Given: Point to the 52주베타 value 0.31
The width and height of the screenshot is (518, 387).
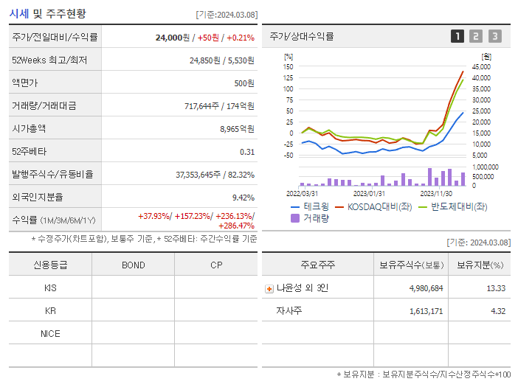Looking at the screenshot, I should [247, 152].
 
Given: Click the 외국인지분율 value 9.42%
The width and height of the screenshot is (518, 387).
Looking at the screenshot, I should [244, 198].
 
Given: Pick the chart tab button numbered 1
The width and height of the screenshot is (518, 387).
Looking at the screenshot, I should [457, 36].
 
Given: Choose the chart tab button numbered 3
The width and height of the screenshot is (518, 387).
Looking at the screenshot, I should [494, 36].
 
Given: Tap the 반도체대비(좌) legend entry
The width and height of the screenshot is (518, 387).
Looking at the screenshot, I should [458, 207].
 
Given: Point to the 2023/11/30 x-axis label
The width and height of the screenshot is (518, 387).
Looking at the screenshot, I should [436, 192].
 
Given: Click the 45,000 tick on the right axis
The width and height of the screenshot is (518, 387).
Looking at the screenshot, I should [480, 66].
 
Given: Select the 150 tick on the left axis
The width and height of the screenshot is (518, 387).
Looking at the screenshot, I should [289, 66].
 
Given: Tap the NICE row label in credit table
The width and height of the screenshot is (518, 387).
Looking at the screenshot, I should [50, 334].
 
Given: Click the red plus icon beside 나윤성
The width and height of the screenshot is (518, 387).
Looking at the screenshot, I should [269, 288].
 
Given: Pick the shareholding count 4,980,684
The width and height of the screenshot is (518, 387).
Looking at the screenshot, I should [425, 288].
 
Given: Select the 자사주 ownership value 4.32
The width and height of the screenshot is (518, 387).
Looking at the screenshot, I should [498, 311].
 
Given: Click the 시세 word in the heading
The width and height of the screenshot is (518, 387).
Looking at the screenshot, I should [19, 13].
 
